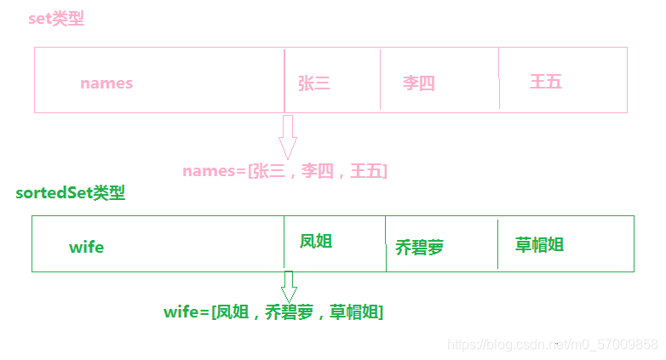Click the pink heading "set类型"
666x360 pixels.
pyautogui.click(x=56, y=19)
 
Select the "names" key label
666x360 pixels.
pyautogui.click(x=106, y=83)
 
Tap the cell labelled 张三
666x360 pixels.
pyautogui.click(x=313, y=83)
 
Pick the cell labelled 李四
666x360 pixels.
pyautogui.click(x=418, y=83)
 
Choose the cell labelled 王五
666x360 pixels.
pyautogui.click(x=545, y=82)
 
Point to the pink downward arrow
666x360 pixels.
pyautogui.click(x=287, y=137)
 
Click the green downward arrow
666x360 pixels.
pyautogui.click(x=289, y=286)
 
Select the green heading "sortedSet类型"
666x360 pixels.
pyautogui.click(x=70, y=193)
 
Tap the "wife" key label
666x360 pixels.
pyautogui.click(x=86, y=247)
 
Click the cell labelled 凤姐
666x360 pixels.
pyautogui.click(x=316, y=242)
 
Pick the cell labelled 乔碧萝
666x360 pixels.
pyautogui.click(x=420, y=248)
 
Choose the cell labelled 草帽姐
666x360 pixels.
pyautogui.click(x=539, y=245)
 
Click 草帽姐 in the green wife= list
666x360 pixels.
pyautogui.click(x=352, y=312)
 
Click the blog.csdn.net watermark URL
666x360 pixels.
pyautogui.click(x=552, y=344)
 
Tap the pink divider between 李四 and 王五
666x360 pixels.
pyautogui.click(x=499, y=79)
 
